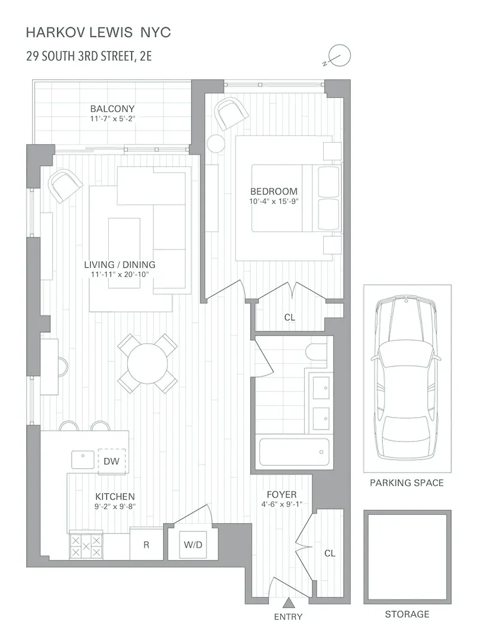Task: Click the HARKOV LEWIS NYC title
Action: [x=99, y=32]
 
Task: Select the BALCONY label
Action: [x=112, y=109]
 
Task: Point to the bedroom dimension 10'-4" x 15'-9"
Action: [x=274, y=202]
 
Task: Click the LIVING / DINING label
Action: [x=119, y=264]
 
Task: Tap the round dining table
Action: [x=148, y=363]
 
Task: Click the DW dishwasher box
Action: [x=112, y=461]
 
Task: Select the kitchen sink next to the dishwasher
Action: [x=82, y=459]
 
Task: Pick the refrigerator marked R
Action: [x=146, y=545]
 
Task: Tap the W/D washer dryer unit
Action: [x=192, y=544]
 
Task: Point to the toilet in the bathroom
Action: [x=317, y=351]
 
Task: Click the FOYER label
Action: [x=281, y=494]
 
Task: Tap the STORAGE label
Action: [x=407, y=614]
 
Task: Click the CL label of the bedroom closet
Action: [x=290, y=317]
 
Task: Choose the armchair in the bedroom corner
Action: [x=231, y=113]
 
